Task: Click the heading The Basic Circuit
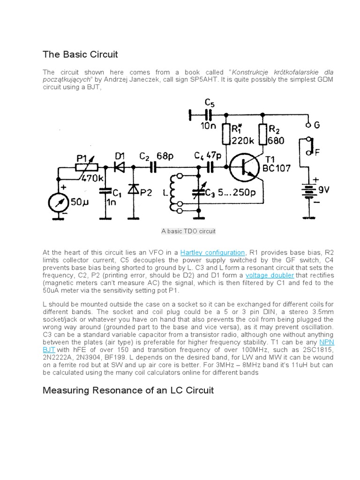(80, 54)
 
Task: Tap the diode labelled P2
(135, 189)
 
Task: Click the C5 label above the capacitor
(210, 103)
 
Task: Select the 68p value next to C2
(165, 155)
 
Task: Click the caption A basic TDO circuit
(188, 231)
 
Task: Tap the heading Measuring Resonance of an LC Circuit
(128, 390)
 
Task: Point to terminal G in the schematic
(309, 125)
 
